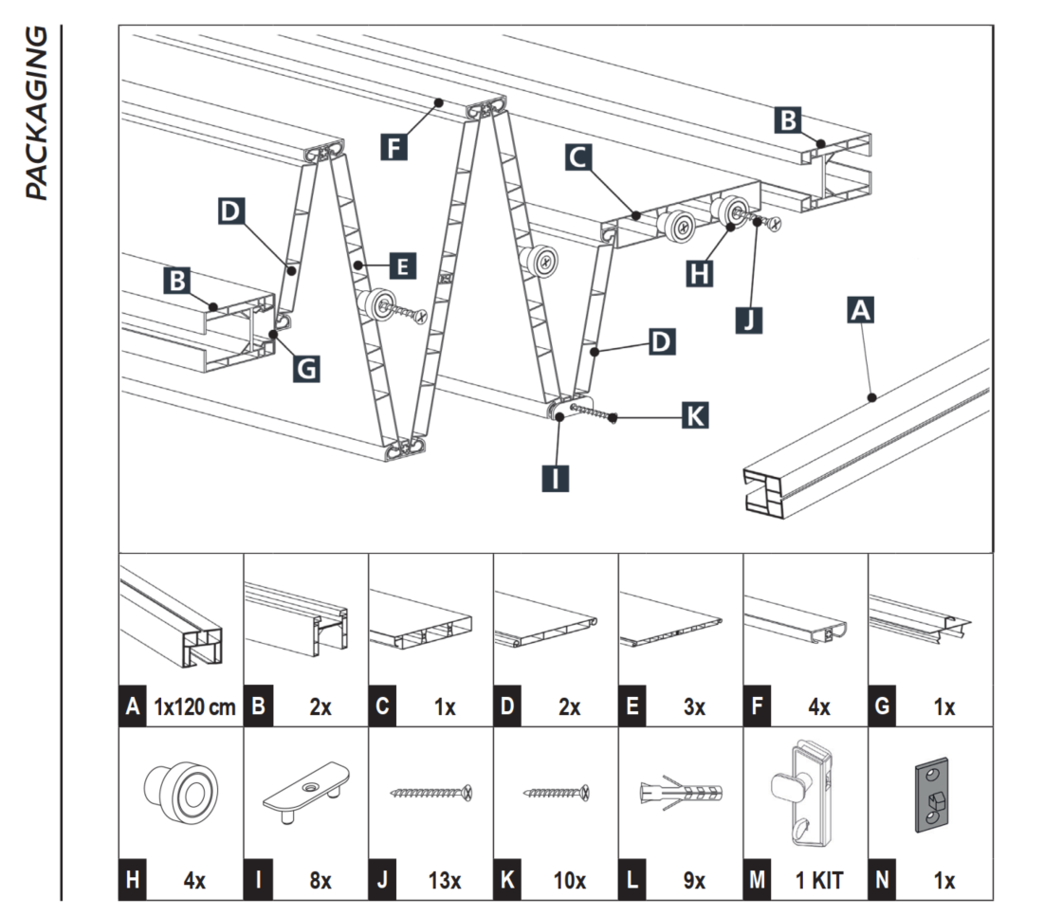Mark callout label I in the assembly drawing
click(x=557, y=476)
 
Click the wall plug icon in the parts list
click(x=681, y=792)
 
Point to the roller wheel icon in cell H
click(x=181, y=789)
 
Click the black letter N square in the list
click(x=882, y=880)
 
